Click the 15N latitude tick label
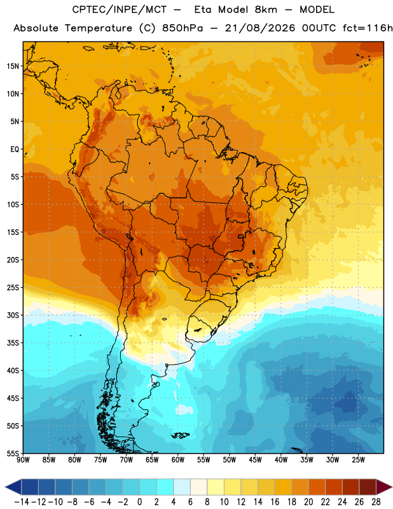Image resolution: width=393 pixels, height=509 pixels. click(13, 66)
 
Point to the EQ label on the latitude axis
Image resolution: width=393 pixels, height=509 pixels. click(15, 150)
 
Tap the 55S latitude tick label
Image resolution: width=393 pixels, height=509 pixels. click(13, 453)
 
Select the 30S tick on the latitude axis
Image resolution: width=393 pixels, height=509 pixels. click(13, 315)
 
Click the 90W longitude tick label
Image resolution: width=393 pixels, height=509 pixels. click(24, 460)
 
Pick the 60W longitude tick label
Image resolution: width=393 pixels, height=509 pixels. click(178, 460)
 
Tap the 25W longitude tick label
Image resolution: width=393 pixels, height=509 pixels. click(358, 460)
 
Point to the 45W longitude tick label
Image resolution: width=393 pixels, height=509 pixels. click(255, 460)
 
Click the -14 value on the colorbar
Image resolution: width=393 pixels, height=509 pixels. click(22, 502)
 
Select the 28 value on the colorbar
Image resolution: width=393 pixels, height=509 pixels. click(376, 502)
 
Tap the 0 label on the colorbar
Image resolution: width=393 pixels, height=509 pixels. click(139, 502)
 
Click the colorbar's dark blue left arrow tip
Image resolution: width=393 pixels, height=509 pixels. click(6, 487)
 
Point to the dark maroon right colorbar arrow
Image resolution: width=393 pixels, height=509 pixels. click(384, 487)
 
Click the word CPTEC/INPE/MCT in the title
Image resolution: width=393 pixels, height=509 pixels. click(120, 10)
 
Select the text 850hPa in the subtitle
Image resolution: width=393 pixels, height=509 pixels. click(183, 28)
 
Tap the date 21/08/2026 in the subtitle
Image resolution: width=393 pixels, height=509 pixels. click(260, 28)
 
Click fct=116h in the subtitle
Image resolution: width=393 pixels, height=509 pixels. click(368, 28)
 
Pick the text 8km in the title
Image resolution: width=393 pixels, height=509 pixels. click(266, 10)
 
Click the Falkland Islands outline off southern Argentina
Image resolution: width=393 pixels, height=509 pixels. click(181, 435)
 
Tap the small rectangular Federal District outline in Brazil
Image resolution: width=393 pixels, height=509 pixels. click(241, 236)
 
